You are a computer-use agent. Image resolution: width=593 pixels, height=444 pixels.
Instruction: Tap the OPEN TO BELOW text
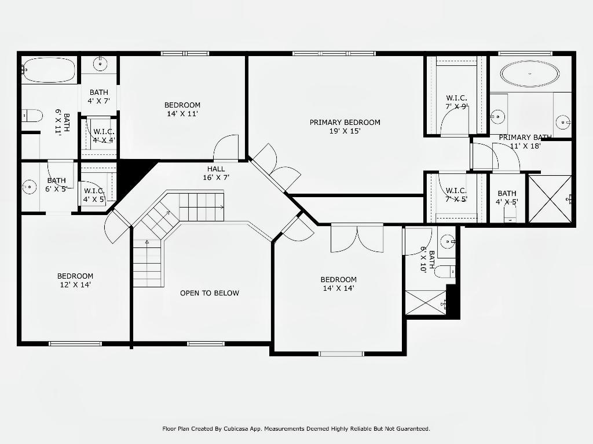(210, 293)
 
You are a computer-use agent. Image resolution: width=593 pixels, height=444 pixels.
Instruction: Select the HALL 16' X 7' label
(216, 173)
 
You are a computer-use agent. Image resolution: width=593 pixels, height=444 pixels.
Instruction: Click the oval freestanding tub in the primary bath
(530, 74)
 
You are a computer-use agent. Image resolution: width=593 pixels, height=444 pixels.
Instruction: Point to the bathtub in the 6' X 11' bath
(49, 70)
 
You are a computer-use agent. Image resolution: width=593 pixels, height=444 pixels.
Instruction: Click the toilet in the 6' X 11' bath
(32, 116)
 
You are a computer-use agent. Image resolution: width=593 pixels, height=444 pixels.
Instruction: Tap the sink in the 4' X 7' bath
(100, 64)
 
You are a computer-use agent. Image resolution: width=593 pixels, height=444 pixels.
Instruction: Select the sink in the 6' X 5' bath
(29, 187)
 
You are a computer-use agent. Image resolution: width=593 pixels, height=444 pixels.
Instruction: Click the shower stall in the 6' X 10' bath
(426, 302)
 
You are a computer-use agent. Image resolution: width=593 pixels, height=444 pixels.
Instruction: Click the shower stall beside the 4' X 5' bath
(550, 199)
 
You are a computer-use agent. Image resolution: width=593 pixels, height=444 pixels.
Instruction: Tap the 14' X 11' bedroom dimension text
(182, 114)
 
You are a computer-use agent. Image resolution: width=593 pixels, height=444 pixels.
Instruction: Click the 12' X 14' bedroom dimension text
(75, 284)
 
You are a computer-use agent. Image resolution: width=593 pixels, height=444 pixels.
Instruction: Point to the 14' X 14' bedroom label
(338, 284)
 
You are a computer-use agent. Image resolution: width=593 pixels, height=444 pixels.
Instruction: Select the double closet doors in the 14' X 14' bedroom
(357, 238)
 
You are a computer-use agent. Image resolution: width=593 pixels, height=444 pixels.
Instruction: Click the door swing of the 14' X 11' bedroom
(226, 147)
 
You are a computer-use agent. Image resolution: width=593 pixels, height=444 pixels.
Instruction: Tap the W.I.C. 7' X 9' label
(456, 102)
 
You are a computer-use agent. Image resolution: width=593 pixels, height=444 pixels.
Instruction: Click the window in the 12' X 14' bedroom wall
(75, 343)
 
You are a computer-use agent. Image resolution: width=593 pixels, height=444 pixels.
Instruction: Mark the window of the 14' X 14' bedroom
(341, 354)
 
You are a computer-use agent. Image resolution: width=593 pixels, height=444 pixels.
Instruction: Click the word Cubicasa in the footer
(236, 429)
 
